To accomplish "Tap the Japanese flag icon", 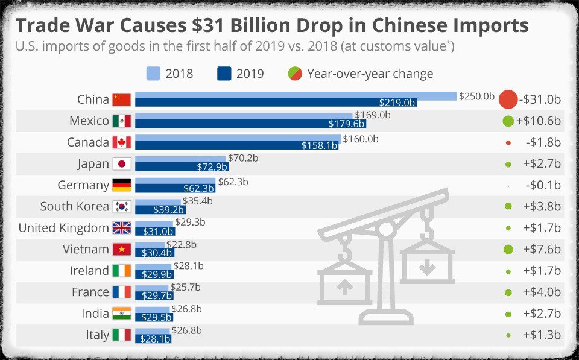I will pos(122,164).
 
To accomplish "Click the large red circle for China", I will pos(508,99).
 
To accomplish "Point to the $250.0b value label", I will pos(476,96).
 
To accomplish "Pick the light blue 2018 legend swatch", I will pos(154,74).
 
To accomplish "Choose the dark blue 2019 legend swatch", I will pos(224,74).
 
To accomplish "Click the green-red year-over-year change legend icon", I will pos(295,74).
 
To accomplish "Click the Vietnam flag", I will pos(122,249).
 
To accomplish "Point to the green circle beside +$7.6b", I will pos(508,249).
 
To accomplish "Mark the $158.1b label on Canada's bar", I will pos(319,145).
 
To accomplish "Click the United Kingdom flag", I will pos(122,228).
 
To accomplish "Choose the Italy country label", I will pos(98,335).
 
